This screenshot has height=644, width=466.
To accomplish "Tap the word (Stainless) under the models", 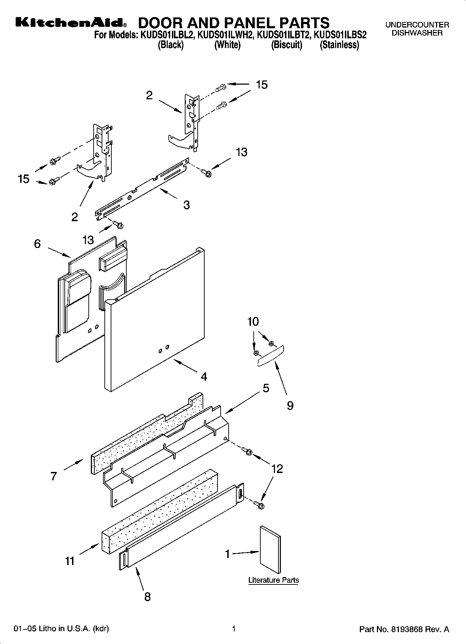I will point(339,45).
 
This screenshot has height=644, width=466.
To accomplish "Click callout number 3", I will point(187,205).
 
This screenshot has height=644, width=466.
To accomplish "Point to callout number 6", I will point(37,244).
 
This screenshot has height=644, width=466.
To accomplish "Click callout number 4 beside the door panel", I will point(204,377).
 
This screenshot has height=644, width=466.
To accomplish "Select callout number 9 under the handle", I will point(290,405).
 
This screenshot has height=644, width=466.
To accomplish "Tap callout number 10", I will point(253,321).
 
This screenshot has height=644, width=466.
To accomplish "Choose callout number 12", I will point(277,469).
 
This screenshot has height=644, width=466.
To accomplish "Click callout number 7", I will point(53,476).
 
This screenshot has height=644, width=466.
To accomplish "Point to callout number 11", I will point(70,561).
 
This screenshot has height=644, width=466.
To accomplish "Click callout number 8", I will point(147,597).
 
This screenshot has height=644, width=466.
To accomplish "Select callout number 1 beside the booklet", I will point(228,554).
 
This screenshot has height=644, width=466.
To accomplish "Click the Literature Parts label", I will point(274,580).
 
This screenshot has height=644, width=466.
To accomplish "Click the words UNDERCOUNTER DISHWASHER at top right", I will point(417,29).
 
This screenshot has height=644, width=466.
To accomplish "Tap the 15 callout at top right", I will point(262,85).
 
